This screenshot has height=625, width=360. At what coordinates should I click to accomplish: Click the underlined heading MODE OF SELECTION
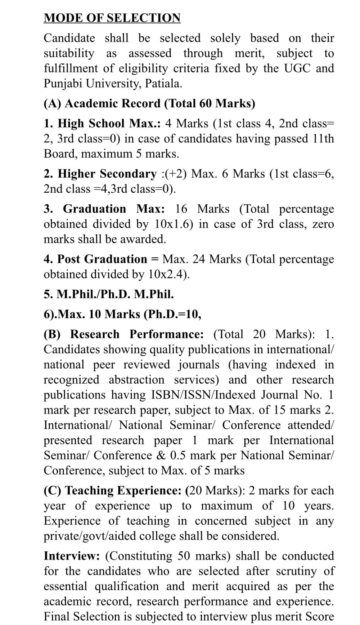112,18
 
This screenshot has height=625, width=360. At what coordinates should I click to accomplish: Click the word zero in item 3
323,224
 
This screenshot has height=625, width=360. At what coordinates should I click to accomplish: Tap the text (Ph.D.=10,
172,314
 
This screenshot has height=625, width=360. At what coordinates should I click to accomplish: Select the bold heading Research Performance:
137,334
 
